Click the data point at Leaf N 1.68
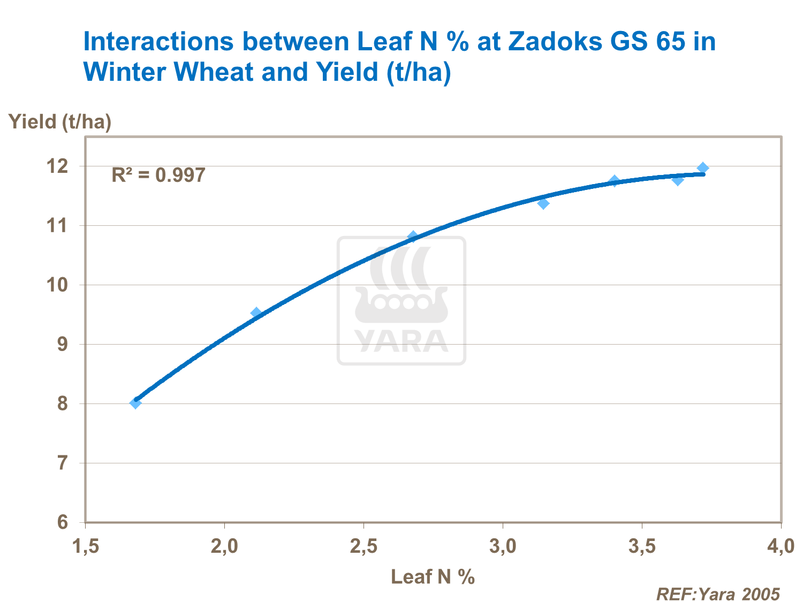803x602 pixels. (x=135, y=403)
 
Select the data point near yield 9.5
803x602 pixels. (x=256, y=313)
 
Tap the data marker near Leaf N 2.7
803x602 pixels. (x=413, y=236)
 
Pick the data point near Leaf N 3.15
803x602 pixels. (x=543, y=203)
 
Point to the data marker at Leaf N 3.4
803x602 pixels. (x=615, y=181)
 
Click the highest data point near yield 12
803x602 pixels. (x=703, y=168)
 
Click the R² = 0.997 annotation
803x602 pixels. (x=158, y=175)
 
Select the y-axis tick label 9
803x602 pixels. (x=63, y=344)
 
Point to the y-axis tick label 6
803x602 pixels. (x=63, y=522)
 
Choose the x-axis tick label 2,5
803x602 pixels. (x=363, y=546)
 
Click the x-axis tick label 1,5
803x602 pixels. (x=86, y=546)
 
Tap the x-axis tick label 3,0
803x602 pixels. (x=503, y=546)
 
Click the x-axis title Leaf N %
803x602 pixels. (x=433, y=576)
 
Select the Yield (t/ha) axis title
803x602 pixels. (x=60, y=122)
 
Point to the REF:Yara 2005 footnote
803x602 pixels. (x=718, y=593)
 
